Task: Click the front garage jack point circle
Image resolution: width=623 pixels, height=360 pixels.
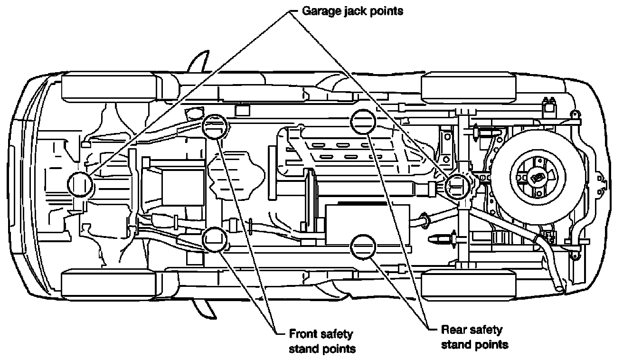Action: click(80, 184)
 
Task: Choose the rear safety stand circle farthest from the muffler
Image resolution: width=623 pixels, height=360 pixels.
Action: click(363, 123)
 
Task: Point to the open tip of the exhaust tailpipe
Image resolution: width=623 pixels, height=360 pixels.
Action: click(561, 287)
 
